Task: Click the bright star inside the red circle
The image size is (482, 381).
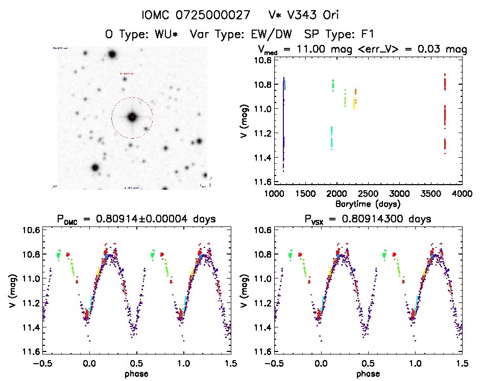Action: point(132,117)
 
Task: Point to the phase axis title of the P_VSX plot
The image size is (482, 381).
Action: point(368,373)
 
